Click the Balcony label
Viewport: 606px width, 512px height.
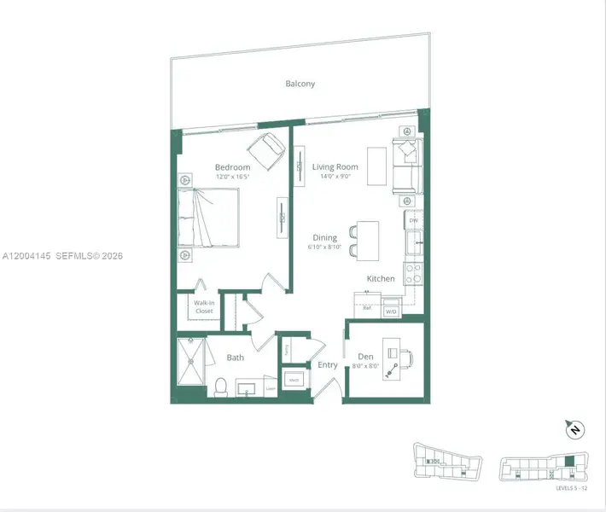point(300,84)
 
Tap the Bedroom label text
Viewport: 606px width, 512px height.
point(232,167)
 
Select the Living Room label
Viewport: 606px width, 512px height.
point(335,167)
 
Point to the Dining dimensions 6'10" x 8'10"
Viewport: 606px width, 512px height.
point(324,247)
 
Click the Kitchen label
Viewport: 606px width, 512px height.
point(380,279)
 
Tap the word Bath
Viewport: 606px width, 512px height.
point(236,358)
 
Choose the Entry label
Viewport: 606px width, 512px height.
point(328,365)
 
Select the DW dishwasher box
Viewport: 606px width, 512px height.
point(413,221)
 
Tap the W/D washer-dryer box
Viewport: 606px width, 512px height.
point(392,311)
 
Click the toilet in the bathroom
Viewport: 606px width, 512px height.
point(219,387)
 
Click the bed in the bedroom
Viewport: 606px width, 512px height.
point(208,218)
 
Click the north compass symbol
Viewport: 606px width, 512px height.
point(574,428)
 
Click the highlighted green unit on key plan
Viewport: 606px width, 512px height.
point(569,462)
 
